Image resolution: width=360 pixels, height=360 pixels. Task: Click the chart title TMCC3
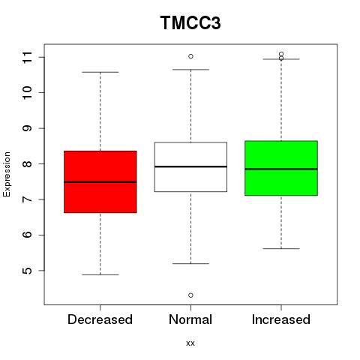pyautogui.click(x=190, y=22)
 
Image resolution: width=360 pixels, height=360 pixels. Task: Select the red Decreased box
pyautogui.click(x=100, y=181)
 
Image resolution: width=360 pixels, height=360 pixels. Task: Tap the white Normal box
pyautogui.click(x=190, y=167)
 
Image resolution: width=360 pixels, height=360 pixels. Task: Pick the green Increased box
pyautogui.click(x=281, y=168)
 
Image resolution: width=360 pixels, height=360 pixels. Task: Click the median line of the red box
pyautogui.click(x=100, y=182)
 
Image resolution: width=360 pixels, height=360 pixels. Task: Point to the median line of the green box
pyautogui.click(x=281, y=169)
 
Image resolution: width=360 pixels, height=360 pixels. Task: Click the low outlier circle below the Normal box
pyautogui.click(x=190, y=295)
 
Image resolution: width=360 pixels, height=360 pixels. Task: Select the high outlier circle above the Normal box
pyautogui.click(x=190, y=56)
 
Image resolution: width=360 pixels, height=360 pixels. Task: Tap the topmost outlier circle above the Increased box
pyautogui.click(x=281, y=54)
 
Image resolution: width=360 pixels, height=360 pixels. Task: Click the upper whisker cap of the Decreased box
pyautogui.click(x=100, y=72)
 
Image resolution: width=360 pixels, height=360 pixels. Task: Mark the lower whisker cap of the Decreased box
pyautogui.click(x=100, y=274)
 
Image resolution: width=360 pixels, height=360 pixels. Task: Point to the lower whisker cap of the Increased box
pyautogui.click(x=281, y=249)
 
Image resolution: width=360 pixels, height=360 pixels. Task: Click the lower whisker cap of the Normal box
pyautogui.click(x=190, y=263)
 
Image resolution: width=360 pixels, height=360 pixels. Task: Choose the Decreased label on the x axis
pyautogui.click(x=100, y=319)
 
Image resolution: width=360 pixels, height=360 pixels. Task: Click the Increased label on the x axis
pyautogui.click(x=281, y=319)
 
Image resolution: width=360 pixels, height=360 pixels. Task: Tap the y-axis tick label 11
pyautogui.click(x=28, y=58)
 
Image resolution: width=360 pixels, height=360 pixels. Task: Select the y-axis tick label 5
pyautogui.click(x=28, y=271)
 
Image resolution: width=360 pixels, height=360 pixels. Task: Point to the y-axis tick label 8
pyautogui.click(x=28, y=164)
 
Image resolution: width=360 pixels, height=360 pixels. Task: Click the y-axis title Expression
pyautogui.click(x=7, y=174)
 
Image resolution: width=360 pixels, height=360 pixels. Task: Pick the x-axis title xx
pyautogui.click(x=190, y=343)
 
